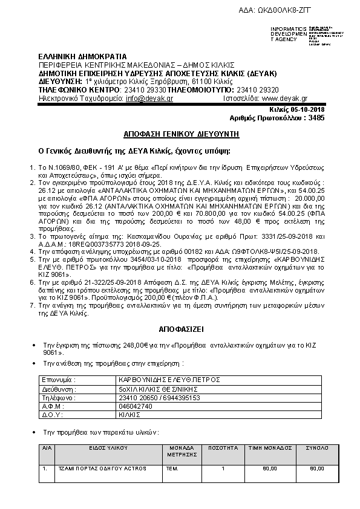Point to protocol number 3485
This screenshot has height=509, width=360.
(x=315, y=118)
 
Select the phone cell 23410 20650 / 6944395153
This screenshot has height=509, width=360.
(x=156, y=398)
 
